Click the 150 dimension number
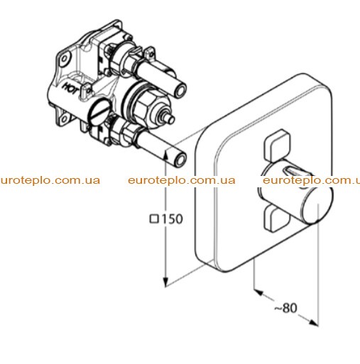point(172,219)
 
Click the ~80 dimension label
point(285,308)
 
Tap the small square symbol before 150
point(155,219)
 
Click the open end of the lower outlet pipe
point(181,159)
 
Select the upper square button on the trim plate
point(277,145)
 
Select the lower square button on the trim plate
point(276,218)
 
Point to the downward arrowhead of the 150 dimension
point(166,282)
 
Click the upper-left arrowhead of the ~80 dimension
point(258,292)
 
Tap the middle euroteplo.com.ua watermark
point(182,181)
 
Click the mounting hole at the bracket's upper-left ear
point(64,58)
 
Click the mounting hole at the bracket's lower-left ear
point(62,118)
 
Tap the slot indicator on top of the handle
point(294,170)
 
